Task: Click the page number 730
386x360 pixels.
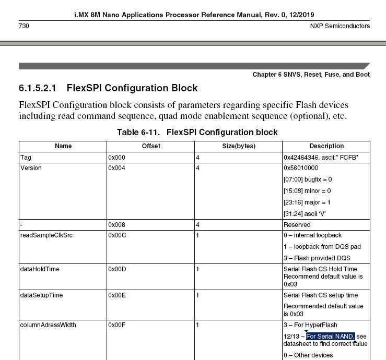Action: click(24, 26)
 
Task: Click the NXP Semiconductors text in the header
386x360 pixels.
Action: click(339, 26)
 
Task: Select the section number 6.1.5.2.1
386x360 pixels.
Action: click(41, 88)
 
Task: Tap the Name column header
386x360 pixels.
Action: click(63, 146)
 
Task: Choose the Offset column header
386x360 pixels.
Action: click(151, 146)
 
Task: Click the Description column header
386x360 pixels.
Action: click(326, 146)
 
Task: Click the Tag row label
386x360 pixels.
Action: click(26, 157)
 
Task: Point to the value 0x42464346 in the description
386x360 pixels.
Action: click(303, 157)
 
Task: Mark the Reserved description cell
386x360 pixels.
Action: click(297, 225)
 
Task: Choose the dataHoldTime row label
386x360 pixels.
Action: click(40, 269)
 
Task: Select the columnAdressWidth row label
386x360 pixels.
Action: click(48, 325)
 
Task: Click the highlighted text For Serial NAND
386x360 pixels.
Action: click(331, 336)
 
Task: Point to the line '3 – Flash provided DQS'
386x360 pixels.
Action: click(317, 258)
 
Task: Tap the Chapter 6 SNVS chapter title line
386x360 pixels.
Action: click(311, 75)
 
